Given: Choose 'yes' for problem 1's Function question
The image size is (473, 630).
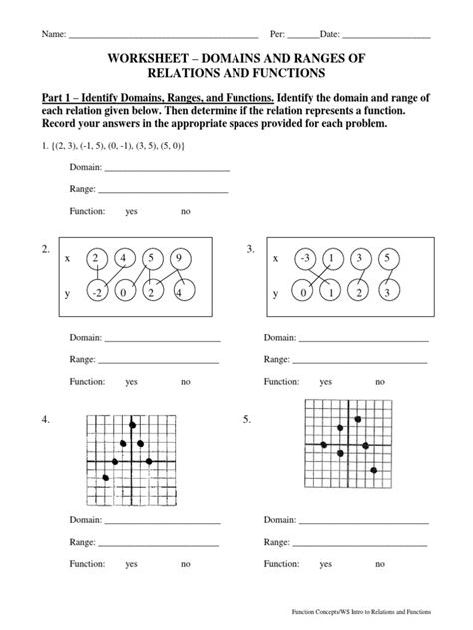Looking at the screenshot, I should (131, 212).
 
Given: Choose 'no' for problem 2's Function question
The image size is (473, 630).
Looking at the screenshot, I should (185, 382).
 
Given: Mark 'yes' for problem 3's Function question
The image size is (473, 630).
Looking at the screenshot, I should (325, 382).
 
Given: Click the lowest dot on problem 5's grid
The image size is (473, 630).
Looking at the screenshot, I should (374, 470).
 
